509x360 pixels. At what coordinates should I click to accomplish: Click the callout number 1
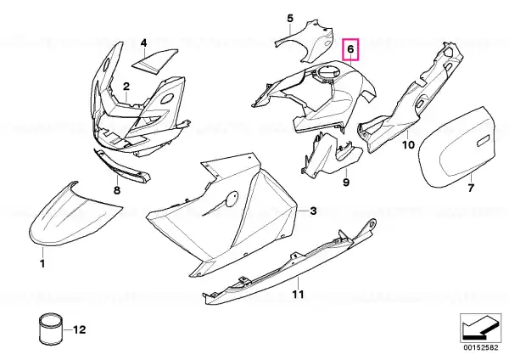(42, 263)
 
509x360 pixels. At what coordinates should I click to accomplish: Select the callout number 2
(126, 86)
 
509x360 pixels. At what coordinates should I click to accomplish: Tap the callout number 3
(313, 211)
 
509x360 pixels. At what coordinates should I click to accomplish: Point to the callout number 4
(143, 42)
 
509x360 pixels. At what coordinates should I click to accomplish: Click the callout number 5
(290, 18)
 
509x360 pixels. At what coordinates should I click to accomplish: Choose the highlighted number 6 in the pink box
(350, 49)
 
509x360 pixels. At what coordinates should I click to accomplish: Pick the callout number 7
(471, 188)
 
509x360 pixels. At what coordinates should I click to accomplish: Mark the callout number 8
(117, 189)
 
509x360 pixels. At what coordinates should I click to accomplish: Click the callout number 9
(346, 183)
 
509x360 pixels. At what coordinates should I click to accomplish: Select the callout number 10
(408, 144)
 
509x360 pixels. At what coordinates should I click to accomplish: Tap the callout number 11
(298, 295)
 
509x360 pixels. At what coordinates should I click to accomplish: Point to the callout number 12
(79, 329)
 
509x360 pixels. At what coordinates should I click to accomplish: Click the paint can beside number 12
(50, 330)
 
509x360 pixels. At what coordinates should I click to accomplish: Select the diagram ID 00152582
(481, 347)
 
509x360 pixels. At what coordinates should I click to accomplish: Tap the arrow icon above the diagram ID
(481, 328)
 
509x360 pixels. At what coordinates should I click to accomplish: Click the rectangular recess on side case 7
(483, 140)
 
